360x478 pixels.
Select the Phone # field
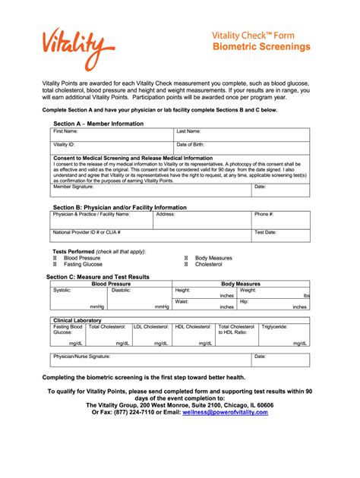280,219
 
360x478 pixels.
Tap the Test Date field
280,236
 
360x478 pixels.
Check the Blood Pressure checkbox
55,258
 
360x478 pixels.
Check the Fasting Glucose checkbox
55,265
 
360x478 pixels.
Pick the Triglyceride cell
284,335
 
